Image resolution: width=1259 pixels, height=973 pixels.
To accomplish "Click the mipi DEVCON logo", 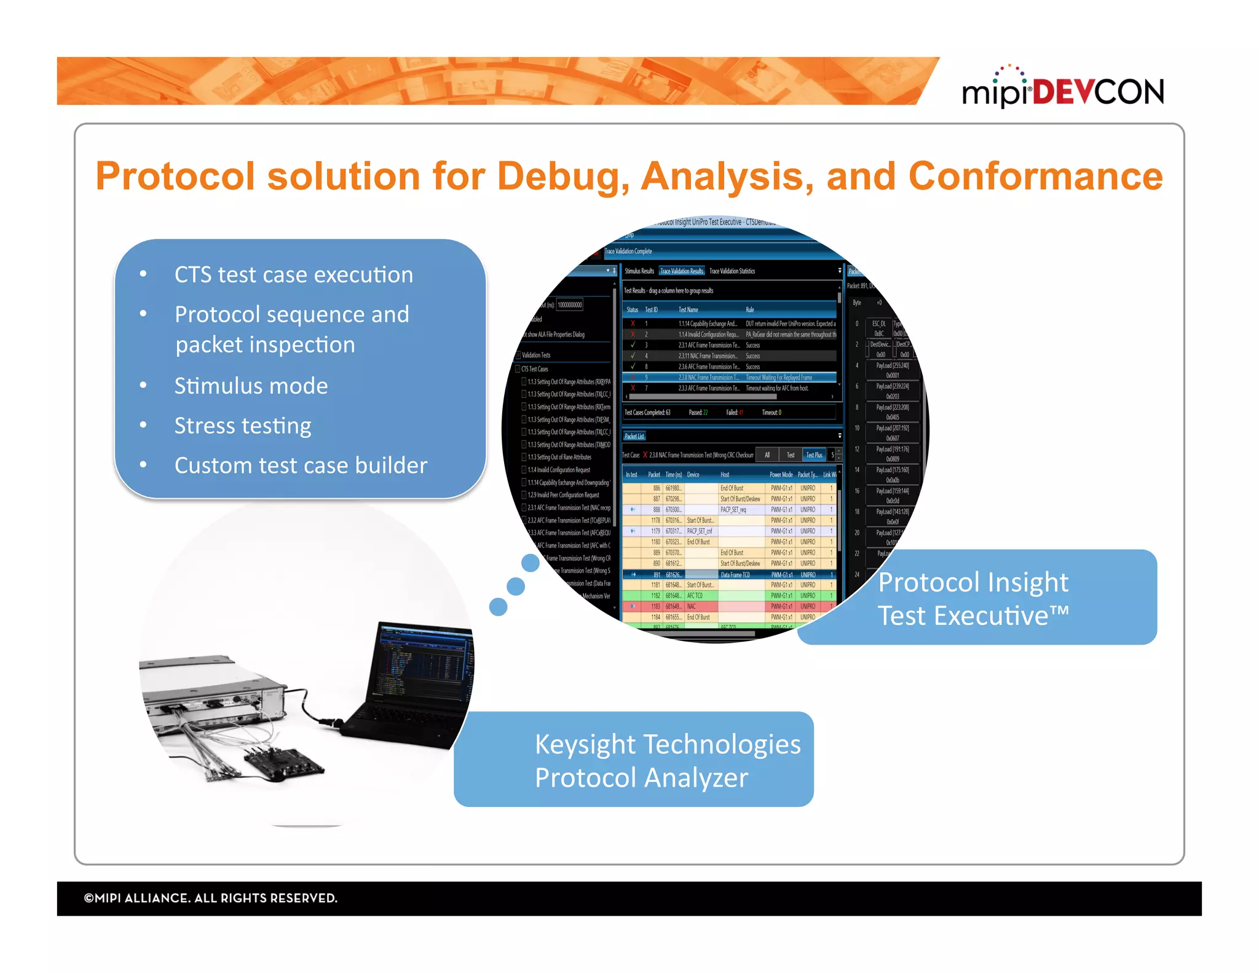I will [1062, 90].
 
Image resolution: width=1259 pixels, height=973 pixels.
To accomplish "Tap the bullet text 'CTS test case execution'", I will [293, 274].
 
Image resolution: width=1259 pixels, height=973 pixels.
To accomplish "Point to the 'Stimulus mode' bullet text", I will [251, 386].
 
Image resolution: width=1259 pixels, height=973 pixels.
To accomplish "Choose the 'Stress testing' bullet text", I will [242, 426].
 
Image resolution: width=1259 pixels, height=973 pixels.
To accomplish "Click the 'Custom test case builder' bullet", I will [301, 466].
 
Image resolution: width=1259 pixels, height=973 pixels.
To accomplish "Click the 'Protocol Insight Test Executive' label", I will [973, 598].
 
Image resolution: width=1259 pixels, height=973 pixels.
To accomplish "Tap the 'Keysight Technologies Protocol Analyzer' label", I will [667, 760].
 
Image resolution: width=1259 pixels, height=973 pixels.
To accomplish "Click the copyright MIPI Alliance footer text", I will [210, 898].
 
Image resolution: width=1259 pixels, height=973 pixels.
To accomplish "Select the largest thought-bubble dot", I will [530, 562].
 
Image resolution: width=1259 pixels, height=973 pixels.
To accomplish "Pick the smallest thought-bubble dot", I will [498, 607].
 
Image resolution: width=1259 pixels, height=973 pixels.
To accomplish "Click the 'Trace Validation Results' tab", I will [681, 271].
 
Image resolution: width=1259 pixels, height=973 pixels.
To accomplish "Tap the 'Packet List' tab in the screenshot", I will [634, 436].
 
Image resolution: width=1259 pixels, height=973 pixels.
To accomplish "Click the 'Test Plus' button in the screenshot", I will [814, 455].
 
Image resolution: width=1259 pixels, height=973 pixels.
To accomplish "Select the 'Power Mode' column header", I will [781, 475].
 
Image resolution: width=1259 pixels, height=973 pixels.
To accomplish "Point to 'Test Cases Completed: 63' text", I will [647, 413].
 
